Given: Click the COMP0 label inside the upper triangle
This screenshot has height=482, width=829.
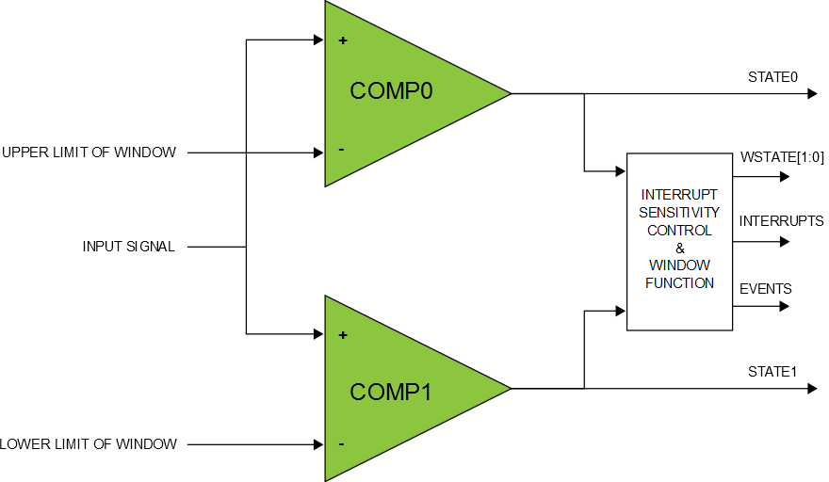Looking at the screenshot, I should pos(391,91).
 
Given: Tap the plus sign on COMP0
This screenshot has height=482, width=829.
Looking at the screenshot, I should pos(342,40).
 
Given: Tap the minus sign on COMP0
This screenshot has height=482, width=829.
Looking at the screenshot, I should pos(341,150).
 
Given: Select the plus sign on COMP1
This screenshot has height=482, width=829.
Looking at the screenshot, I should pos(342,335).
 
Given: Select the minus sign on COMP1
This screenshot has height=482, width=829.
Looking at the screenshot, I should pos(341,443).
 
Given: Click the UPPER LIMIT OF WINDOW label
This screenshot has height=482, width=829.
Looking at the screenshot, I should pos(89,153).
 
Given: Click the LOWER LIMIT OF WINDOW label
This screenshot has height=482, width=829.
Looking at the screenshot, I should pos(89,444).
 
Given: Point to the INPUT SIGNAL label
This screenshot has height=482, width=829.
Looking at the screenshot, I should pos(129,248).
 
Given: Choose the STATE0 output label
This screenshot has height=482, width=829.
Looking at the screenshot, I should pos(772,77).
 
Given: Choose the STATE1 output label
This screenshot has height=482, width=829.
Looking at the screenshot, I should pos(772,372).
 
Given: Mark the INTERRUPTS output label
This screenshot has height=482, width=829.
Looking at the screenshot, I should pos(781,222).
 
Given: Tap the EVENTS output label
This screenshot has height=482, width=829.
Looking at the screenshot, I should pos(765,289).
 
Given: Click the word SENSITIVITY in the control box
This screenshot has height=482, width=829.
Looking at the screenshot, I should pos(679,212).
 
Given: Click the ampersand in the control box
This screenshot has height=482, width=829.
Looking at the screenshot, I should pos(679,248).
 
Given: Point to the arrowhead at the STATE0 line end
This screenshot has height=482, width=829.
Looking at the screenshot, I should pos(811,94).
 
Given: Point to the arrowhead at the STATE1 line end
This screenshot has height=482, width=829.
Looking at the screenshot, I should pos(811,388).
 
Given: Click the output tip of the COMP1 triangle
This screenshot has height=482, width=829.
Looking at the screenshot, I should pos(510,388).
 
